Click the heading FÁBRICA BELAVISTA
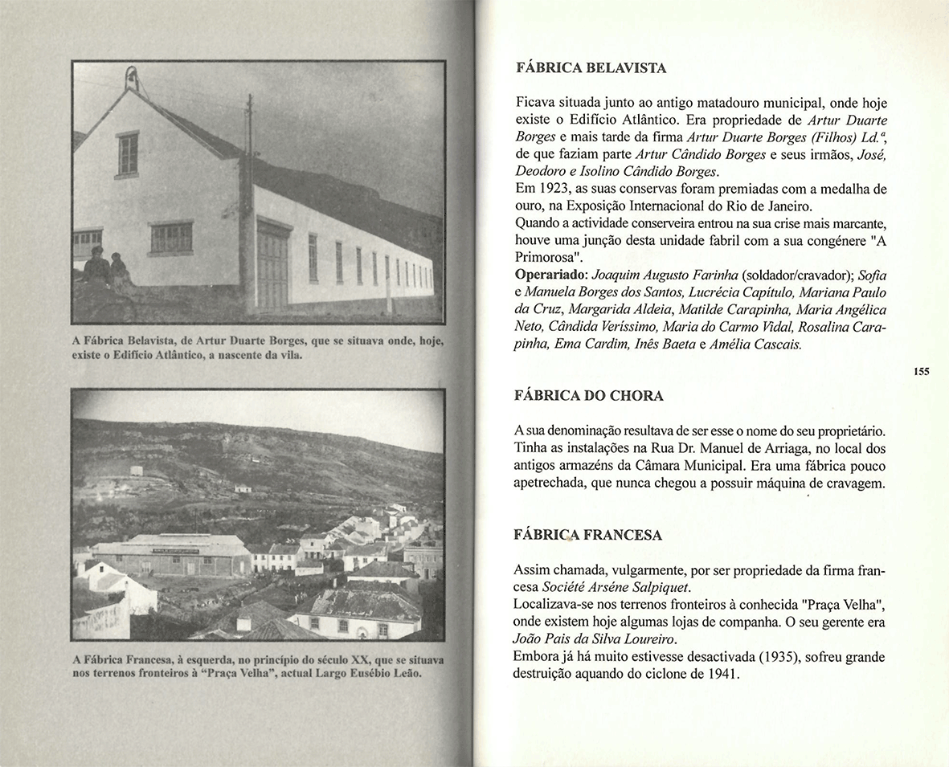click(x=591, y=68)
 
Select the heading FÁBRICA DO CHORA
click(x=588, y=396)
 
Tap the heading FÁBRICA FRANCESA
click(x=587, y=535)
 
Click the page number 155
click(x=921, y=371)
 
